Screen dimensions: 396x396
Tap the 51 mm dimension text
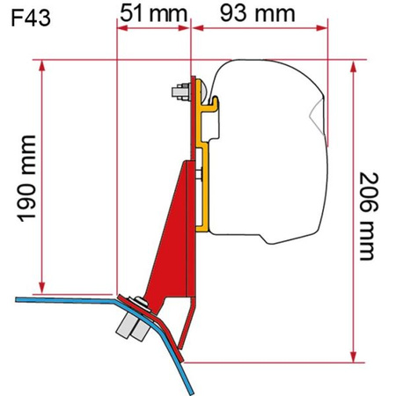[x=151, y=12]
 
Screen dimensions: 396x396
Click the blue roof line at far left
[x=35, y=300]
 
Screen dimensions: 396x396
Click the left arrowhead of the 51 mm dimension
[x=120, y=27]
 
